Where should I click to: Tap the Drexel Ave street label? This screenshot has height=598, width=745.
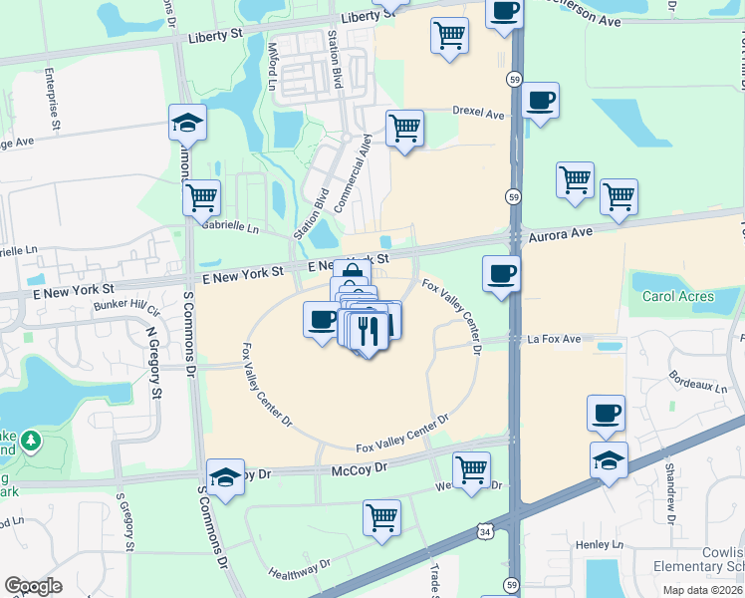click(x=478, y=114)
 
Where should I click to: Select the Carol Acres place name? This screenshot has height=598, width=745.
click(x=677, y=296)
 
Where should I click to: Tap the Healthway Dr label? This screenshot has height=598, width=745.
click(x=299, y=569)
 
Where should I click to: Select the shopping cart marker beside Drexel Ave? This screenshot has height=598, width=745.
click(x=404, y=129)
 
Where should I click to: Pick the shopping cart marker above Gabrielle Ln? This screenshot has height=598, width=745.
click(x=201, y=196)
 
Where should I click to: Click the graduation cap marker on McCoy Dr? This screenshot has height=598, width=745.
click(x=226, y=476)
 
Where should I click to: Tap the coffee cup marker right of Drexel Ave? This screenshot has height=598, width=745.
click(x=540, y=101)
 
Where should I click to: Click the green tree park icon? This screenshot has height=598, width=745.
click(x=31, y=440)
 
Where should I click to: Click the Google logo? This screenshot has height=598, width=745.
click(x=33, y=586)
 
